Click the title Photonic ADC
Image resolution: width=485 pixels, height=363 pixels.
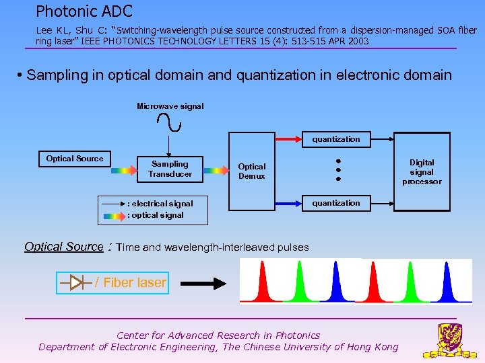point(84,11)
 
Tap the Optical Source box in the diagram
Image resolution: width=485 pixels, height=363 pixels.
point(75,159)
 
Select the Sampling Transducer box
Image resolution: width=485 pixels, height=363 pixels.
point(170,169)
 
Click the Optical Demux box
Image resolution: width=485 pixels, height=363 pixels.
point(252,171)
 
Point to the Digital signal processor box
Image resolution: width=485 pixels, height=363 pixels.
point(422,172)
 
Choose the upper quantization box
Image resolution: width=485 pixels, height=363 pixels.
point(336,139)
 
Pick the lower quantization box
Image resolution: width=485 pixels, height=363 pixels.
point(336,203)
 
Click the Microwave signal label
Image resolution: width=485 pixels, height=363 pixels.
point(170,106)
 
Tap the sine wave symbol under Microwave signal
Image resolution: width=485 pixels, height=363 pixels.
point(168,122)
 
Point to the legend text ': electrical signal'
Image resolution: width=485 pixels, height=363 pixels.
point(160,204)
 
